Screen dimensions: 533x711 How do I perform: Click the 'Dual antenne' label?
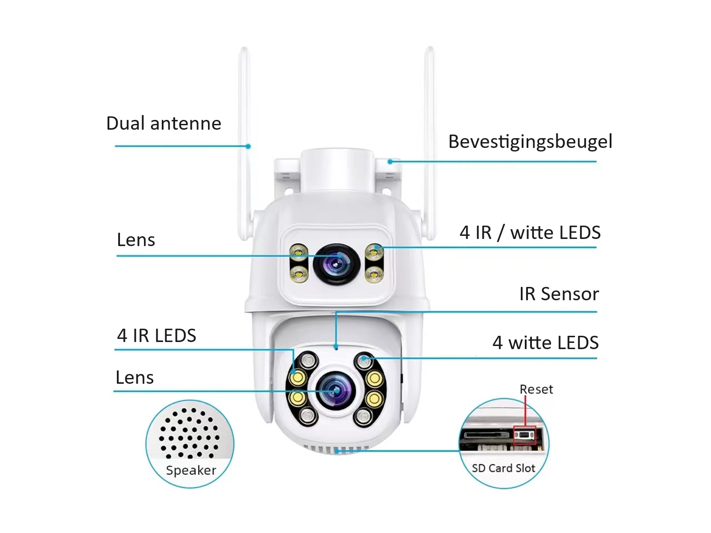click(164, 123)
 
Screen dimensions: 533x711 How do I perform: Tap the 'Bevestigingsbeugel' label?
click(530, 142)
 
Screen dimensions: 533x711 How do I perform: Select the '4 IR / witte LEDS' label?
click(530, 233)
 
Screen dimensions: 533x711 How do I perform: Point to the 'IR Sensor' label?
click(559, 294)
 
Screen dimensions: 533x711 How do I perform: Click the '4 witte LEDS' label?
click(545, 343)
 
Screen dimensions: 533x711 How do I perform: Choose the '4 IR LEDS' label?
click(156, 336)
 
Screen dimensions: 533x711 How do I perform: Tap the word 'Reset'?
click(536, 390)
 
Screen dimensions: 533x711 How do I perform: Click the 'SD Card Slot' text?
click(503, 468)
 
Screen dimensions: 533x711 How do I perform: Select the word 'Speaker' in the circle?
click(191, 470)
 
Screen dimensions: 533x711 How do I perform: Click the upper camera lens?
click(336, 265)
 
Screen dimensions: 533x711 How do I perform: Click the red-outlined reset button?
click(525, 435)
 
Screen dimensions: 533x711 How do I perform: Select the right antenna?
click(429, 133)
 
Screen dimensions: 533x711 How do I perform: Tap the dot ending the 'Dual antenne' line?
click(248, 146)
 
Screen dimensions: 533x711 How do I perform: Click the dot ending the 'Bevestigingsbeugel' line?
click(390, 162)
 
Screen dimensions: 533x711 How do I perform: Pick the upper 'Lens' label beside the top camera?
click(136, 240)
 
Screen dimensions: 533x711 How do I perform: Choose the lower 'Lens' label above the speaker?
click(135, 378)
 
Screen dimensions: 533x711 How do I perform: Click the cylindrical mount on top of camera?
click(337, 171)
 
